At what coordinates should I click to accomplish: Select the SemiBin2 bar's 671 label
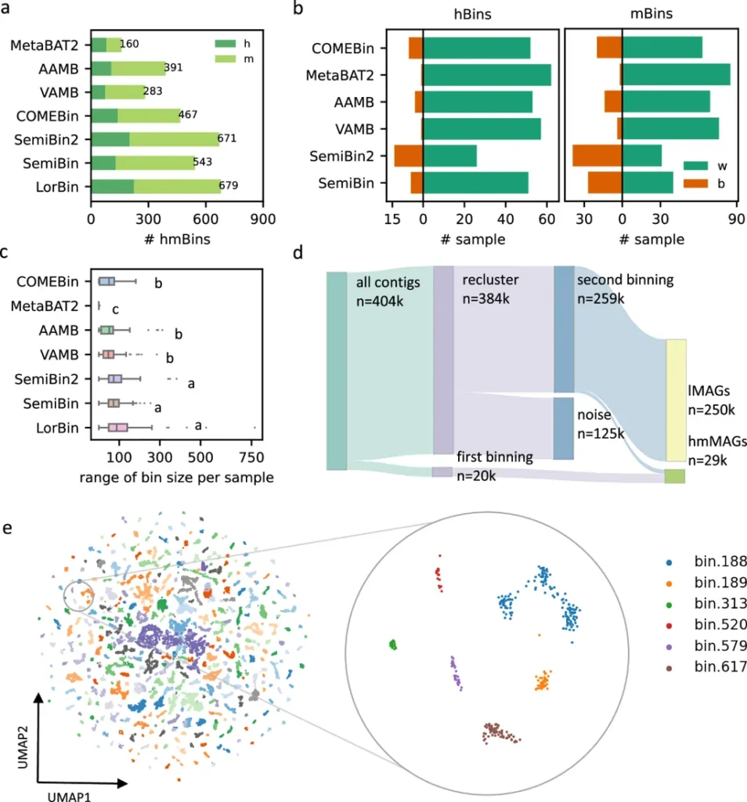coord(228,139)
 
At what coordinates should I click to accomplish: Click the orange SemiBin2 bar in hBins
coord(408,156)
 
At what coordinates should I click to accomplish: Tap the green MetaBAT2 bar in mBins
coord(676,75)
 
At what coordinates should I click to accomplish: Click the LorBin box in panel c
coord(117,428)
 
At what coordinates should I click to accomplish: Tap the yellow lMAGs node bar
coord(676,399)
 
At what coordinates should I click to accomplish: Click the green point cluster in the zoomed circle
coord(393,645)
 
